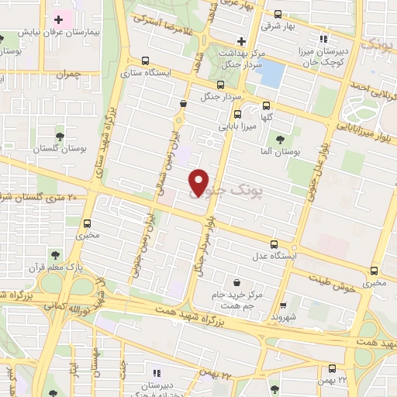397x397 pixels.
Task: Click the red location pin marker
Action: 199,181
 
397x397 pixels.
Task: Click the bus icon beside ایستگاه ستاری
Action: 146,60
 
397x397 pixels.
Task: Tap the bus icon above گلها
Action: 267,106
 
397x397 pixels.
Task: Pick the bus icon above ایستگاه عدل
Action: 271,243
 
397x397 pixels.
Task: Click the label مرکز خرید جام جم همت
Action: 236,299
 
